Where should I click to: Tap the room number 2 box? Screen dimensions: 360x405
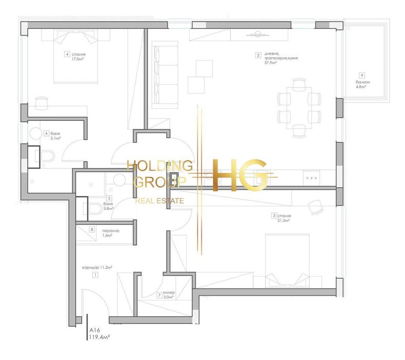[x=258, y=55]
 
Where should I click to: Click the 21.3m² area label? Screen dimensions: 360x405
[x=284, y=221]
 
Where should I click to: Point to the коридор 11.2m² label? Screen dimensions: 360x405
[x=97, y=268]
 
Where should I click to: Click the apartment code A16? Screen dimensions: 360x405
[x=95, y=331]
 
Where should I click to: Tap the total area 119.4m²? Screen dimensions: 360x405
[x=100, y=338]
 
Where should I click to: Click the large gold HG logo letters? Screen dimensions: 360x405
[x=240, y=175]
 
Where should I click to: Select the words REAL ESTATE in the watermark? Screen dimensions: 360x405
[x=159, y=201]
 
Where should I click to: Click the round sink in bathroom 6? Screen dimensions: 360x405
[x=36, y=133]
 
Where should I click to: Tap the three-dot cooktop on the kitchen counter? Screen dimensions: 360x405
[x=311, y=177]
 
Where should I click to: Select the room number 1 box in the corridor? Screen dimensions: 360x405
[x=95, y=275]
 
